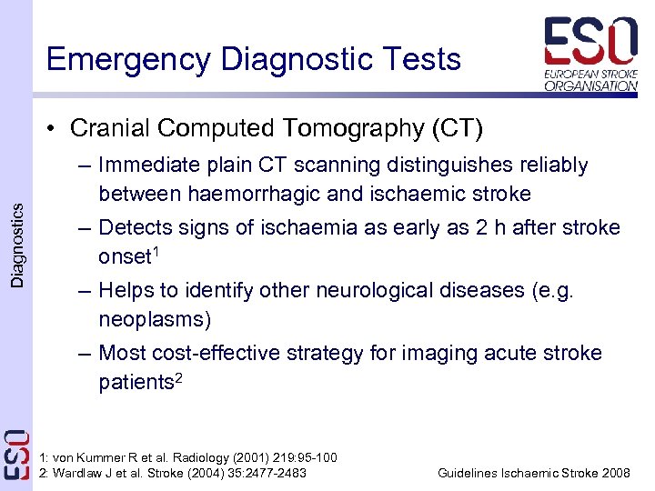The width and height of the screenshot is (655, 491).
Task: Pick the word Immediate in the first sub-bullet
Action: (x=145, y=165)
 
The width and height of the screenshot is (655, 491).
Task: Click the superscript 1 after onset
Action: (x=156, y=251)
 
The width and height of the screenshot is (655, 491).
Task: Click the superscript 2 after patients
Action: (x=179, y=376)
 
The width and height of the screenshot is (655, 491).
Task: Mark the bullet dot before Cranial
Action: (x=55, y=129)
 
